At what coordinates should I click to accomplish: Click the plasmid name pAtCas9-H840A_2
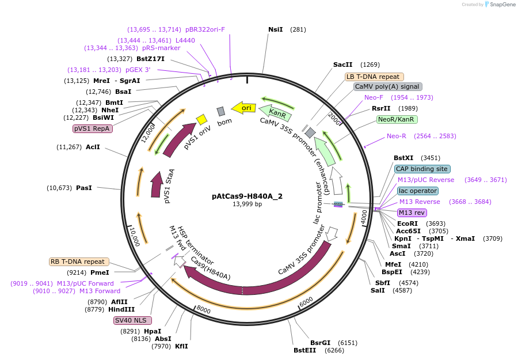pyautogui.click(x=247, y=196)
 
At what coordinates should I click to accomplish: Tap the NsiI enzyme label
pyautogui.click(x=276, y=29)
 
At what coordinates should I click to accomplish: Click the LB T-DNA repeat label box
pyautogui.click(x=374, y=77)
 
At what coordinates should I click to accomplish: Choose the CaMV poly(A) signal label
pyautogui.click(x=387, y=87)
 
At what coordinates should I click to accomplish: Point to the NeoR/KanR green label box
pyautogui.click(x=397, y=120)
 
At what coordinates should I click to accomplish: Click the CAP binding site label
pyautogui.click(x=422, y=169)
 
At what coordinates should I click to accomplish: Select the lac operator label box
pyautogui.click(x=417, y=191)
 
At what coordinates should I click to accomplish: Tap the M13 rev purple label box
pyautogui.click(x=412, y=213)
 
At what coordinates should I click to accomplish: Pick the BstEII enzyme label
pyautogui.click(x=304, y=350)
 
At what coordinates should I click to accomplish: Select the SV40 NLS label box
pyautogui.click(x=133, y=320)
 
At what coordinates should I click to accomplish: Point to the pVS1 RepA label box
pyautogui.click(x=93, y=129)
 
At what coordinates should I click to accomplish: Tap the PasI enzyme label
pyautogui.click(x=84, y=188)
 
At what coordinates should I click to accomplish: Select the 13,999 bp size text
pyautogui.click(x=247, y=204)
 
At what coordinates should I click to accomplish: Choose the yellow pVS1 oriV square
pyautogui.click(x=201, y=119)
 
